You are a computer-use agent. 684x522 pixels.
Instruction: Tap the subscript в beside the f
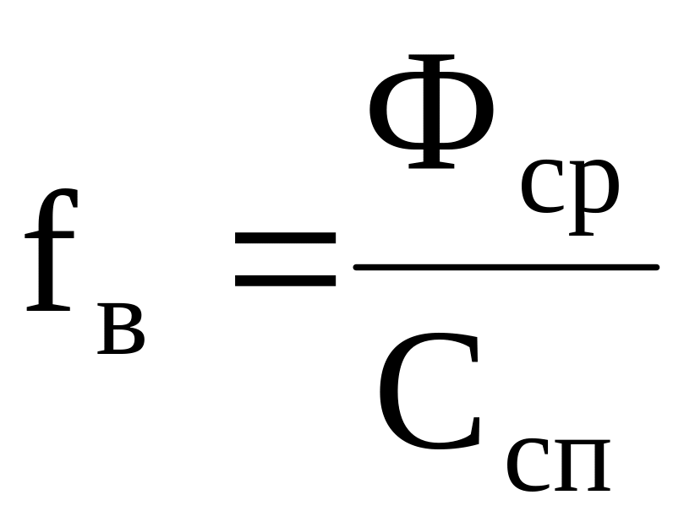tap(121, 331)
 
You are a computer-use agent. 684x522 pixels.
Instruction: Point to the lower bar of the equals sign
tap(284, 280)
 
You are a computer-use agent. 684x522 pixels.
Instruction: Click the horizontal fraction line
tap(506, 268)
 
